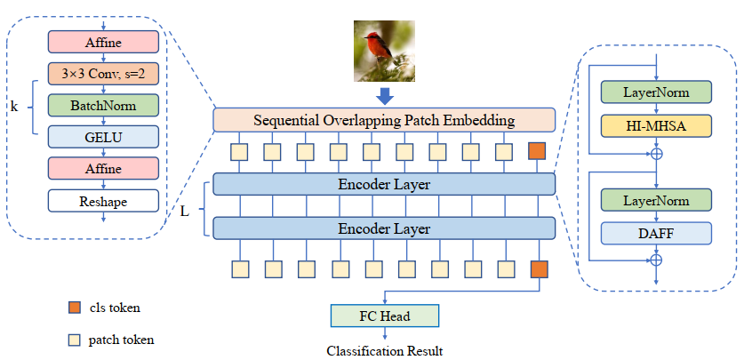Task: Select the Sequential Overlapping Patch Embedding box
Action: click(x=384, y=119)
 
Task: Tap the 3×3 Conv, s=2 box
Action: click(x=104, y=73)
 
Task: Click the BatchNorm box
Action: click(x=104, y=105)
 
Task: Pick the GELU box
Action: click(x=104, y=136)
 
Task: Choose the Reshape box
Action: click(x=104, y=201)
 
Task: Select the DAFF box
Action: click(x=656, y=233)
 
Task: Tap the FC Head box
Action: click(x=384, y=316)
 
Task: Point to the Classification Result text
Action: click(x=384, y=350)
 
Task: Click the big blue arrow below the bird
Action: click(x=384, y=94)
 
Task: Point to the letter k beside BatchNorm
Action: click(x=14, y=107)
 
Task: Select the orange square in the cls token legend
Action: click(x=75, y=308)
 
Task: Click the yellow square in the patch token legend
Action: click(x=75, y=339)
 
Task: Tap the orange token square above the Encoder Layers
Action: click(x=537, y=151)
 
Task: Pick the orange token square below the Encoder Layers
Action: click(x=539, y=269)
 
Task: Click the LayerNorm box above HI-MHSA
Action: click(x=656, y=92)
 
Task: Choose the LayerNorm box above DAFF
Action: click(x=656, y=200)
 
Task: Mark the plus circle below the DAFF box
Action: click(x=656, y=260)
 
